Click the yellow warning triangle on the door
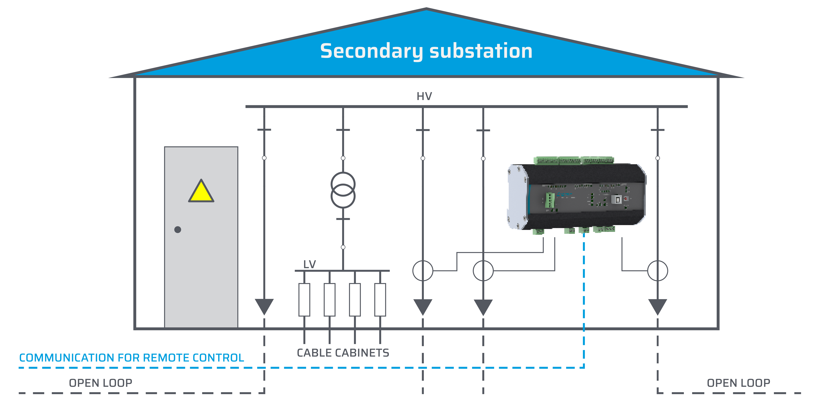[201, 191]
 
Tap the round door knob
[178, 229]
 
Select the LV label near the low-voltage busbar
[309, 264]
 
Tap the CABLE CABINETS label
[343, 353]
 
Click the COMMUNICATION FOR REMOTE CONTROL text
[131, 358]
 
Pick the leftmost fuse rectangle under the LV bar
[304, 300]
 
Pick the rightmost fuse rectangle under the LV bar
[380, 300]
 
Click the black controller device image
[577, 196]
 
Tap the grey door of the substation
[201, 269]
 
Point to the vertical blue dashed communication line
[584, 300]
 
